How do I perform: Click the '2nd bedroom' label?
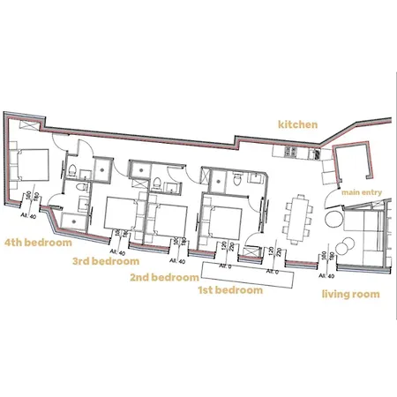point(164,276)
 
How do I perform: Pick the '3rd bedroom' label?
point(105,261)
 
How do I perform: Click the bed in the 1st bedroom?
point(222,217)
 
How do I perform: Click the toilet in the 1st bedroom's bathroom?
point(217,184)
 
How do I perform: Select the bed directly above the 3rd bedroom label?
point(118,214)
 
